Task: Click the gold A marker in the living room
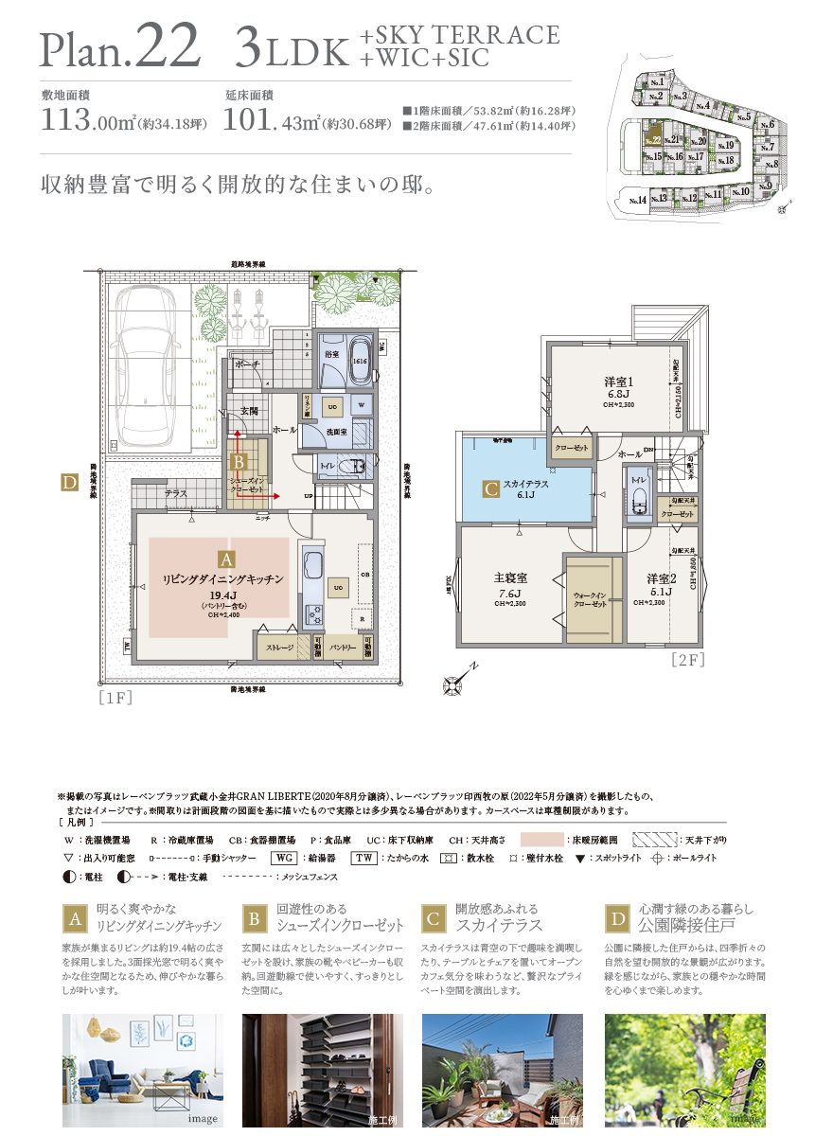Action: (x=225, y=559)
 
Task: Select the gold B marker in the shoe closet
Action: (x=239, y=463)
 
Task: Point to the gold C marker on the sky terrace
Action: (x=490, y=489)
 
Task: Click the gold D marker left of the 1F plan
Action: (x=68, y=483)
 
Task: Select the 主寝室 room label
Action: (x=509, y=577)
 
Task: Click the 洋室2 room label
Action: (x=661, y=577)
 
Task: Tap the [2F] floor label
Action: (x=687, y=660)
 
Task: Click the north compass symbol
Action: (x=456, y=679)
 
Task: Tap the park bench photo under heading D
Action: (x=684, y=1070)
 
